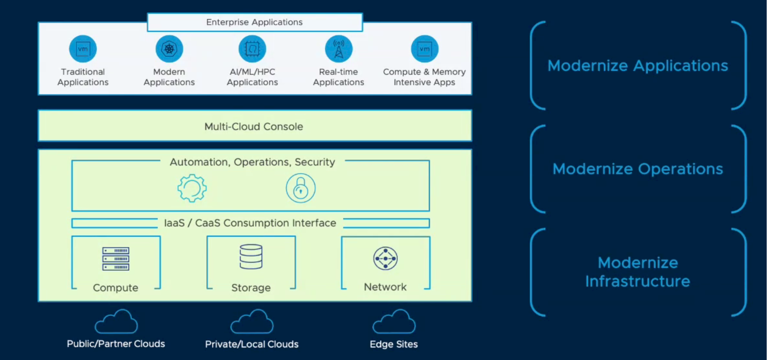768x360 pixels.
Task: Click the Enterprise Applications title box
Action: (255, 22)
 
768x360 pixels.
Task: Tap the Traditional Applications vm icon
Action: (83, 49)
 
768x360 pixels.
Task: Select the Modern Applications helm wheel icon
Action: (169, 49)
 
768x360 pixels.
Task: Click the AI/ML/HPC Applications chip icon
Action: (252, 49)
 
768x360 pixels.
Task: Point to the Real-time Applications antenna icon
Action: (339, 49)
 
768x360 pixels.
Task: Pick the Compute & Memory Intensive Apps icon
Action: (424, 49)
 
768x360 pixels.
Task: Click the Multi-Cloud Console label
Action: (254, 127)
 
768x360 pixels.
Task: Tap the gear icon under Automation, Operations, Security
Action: (192, 188)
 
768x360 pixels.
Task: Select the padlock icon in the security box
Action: (300, 188)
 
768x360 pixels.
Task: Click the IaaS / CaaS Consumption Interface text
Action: (250, 223)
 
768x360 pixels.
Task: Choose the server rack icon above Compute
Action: (116, 259)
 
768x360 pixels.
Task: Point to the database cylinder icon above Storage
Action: (251, 257)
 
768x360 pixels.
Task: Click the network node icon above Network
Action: (386, 258)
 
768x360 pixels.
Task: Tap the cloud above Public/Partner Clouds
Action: (116, 322)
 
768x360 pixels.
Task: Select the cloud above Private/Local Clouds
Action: (252, 322)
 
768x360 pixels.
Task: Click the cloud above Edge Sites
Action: (394, 322)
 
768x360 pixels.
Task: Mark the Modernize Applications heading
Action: (638, 66)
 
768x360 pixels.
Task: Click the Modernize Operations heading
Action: (638, 169)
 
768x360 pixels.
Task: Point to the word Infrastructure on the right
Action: (638, 281)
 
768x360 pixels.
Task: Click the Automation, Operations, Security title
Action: (252, 162)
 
